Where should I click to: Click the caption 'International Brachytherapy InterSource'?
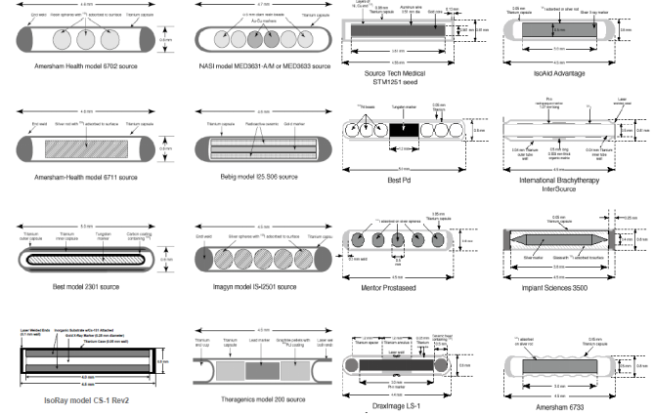pyautogui.click(x=559, y=186)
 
